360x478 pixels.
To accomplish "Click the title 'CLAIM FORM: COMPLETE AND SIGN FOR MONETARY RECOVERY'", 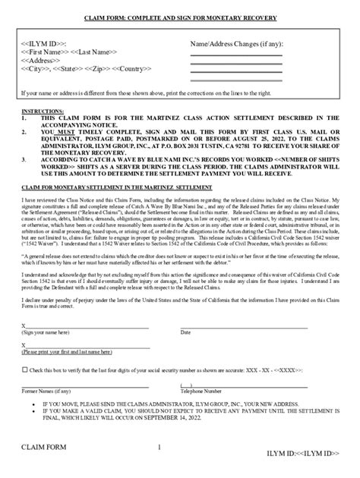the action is (180, 17).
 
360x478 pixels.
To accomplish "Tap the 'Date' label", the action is (185, 332).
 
